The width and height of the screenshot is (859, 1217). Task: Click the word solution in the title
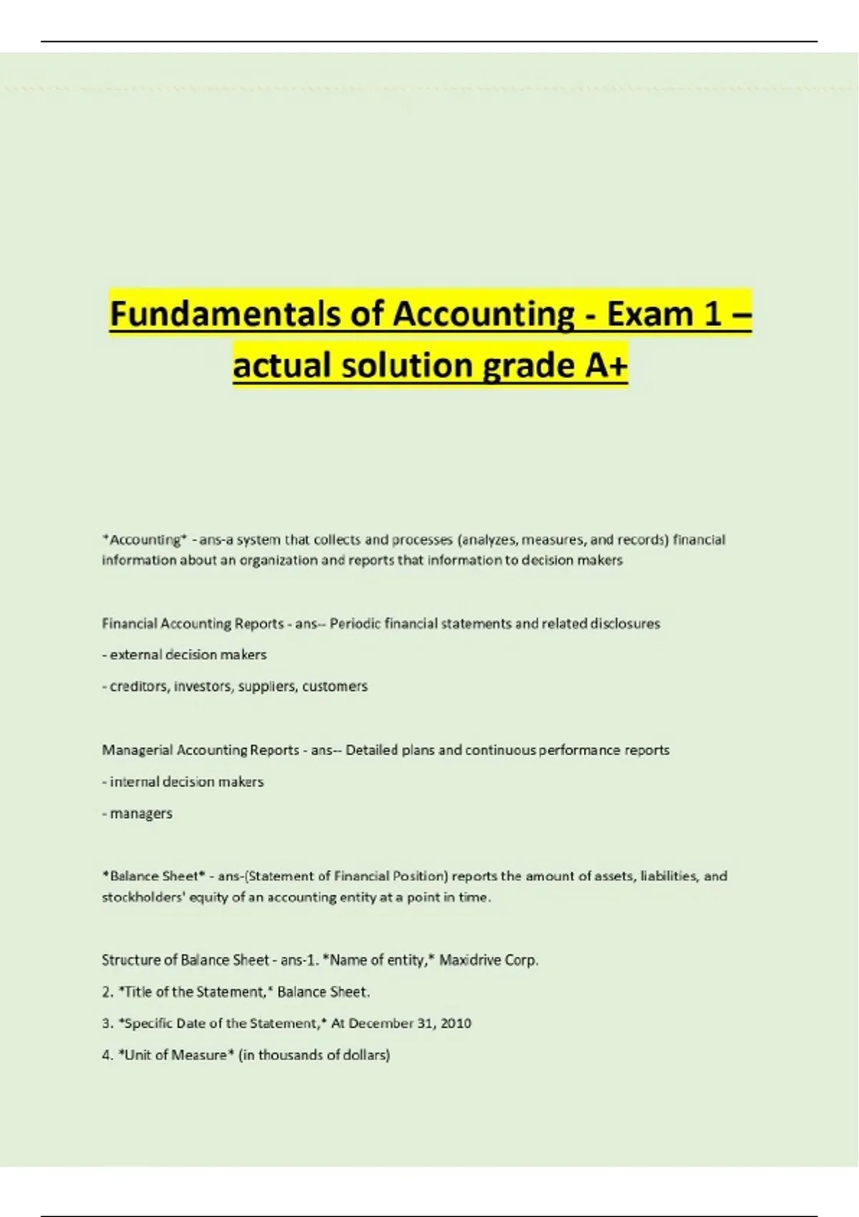coord(407,365)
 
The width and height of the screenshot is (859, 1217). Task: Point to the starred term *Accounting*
coord(145,539)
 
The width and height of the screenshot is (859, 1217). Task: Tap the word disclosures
coord(624,624)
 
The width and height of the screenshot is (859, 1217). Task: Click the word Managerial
coord(137,750)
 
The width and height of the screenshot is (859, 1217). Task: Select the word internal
coord(135,782)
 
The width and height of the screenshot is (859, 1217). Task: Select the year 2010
coord(456,1023)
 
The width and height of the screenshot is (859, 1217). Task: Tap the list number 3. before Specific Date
coord(107,1023)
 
